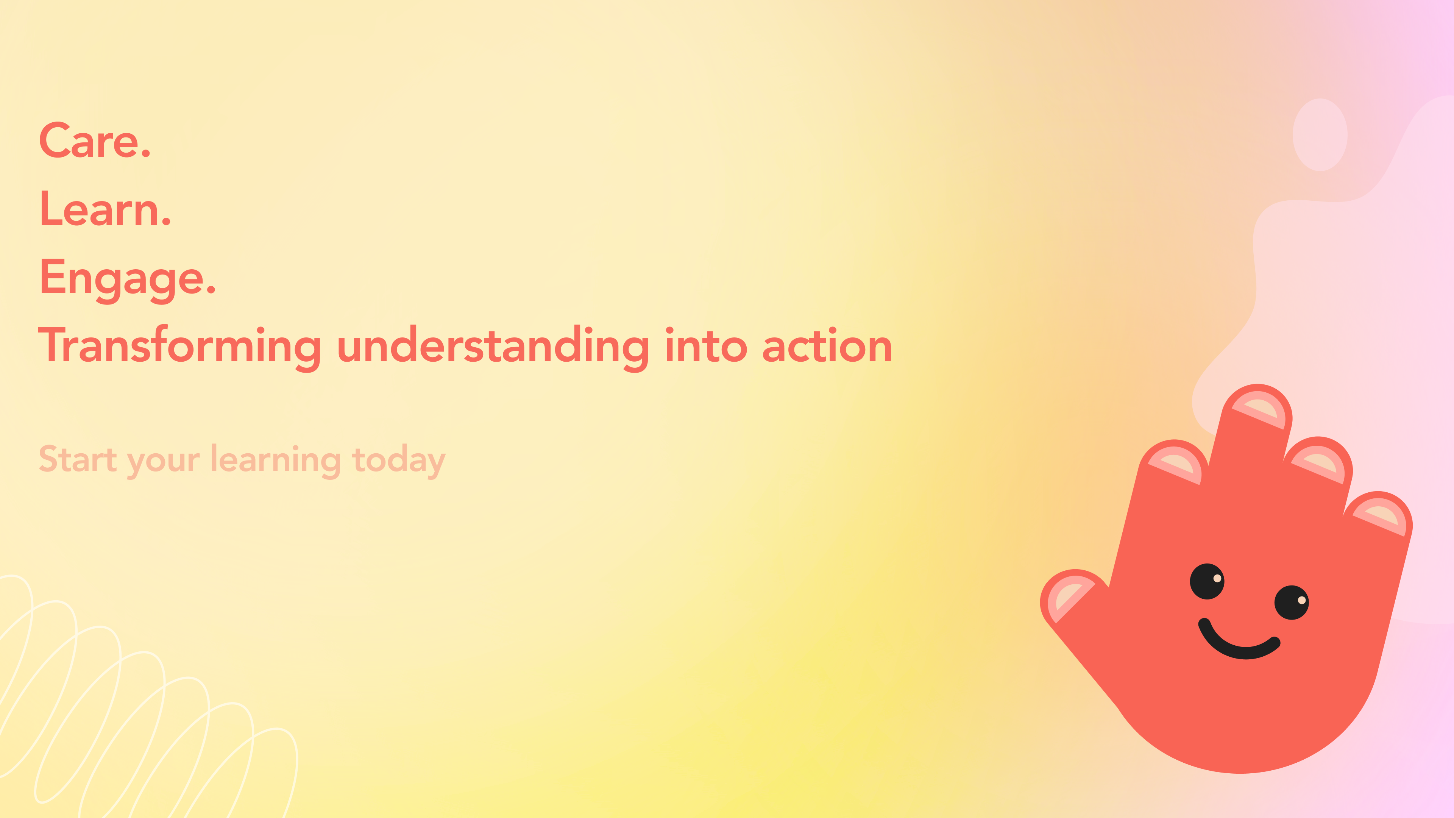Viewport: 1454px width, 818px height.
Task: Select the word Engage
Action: (x=121, y=279)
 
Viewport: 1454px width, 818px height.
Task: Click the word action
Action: (x=827, y=345)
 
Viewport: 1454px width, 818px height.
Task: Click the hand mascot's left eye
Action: (x=1207, y=581)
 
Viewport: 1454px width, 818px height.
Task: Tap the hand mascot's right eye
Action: (x=1292, y=603)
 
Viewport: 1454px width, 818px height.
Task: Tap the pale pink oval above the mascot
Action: (x=1320, y=135)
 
